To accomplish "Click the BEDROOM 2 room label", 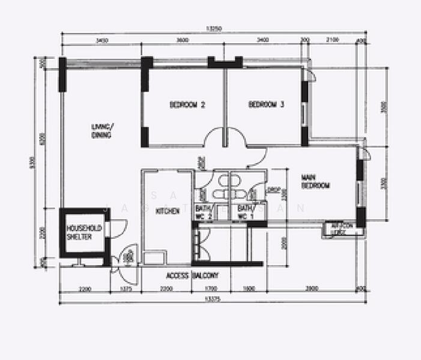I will (187, 105).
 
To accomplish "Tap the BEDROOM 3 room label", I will (266, 104).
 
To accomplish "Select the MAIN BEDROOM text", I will (315, 181).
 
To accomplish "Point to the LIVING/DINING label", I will (102, 131).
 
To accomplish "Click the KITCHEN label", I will (168, 211).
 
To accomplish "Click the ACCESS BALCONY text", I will (192, 276).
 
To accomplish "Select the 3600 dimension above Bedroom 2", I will (183, 40).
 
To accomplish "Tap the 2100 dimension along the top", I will (332, 40).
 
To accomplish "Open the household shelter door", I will (118, 227).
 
